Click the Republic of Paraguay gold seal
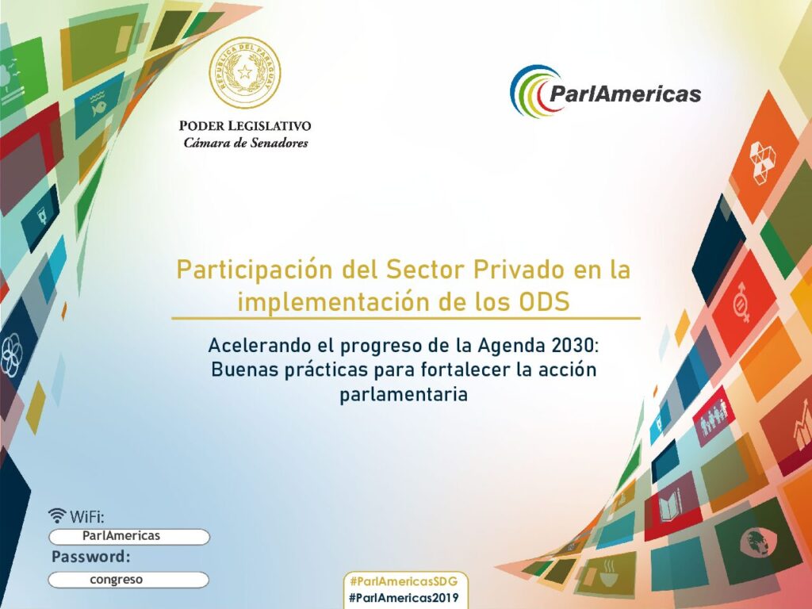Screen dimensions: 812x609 244,73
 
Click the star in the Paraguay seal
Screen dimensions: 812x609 245,72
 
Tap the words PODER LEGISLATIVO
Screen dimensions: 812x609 245,126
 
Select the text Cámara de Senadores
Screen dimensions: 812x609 246,143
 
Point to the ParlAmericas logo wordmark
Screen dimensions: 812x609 625,94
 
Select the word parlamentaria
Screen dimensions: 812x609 404,395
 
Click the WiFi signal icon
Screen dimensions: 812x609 57,515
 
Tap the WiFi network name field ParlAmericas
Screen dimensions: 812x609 129,537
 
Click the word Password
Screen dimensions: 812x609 90,557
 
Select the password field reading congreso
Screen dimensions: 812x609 128,580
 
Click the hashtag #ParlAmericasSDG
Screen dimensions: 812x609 404,581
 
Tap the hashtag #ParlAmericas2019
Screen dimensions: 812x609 404,598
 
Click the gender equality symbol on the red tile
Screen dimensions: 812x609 742,303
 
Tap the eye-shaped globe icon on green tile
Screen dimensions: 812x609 752,541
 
